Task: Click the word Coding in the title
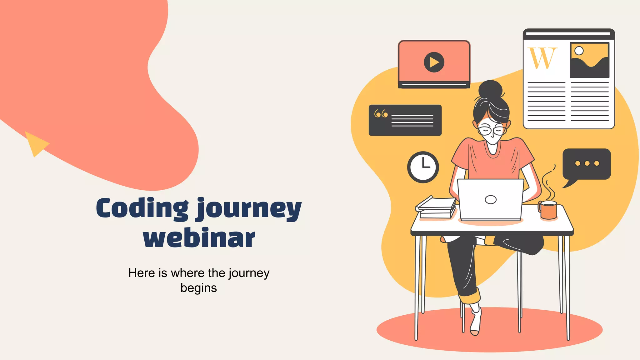[x=142, y=208]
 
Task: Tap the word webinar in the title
[x=199, y=238]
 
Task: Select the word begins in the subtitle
[x=198, y=288]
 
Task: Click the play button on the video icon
[x=434, y=62]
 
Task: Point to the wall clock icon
[x=423, y=167]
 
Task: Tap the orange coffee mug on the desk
[x=548, y=210]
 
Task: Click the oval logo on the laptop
[x=490, y=199]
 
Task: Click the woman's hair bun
[x=490, y=89]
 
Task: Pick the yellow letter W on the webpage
[x=542, y=58]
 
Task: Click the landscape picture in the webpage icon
[x=589, y=60]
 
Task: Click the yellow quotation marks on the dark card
[x=381, y=114]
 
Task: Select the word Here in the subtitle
[x=141, y=273]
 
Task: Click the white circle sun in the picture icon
[x=579, y=51]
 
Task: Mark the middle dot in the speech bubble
[x=587, y=163]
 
